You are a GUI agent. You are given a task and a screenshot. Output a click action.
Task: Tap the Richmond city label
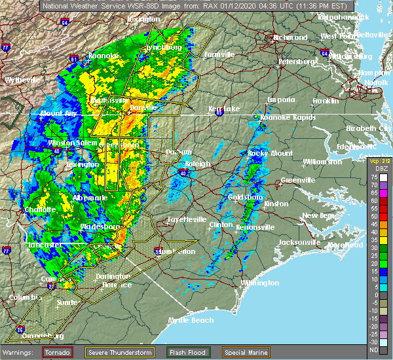click(x=289, y=37)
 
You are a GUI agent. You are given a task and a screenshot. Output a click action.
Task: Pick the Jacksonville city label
click(x=299, y=242)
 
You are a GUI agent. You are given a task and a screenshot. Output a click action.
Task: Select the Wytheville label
click(x=22, y=80)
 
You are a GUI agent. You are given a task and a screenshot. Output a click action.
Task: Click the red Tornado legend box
click(x=58, y=352)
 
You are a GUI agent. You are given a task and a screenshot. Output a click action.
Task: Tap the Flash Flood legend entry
click(x=188, y=352)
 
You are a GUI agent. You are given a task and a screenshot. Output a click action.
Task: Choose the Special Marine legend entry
click(x=250, y=352)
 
